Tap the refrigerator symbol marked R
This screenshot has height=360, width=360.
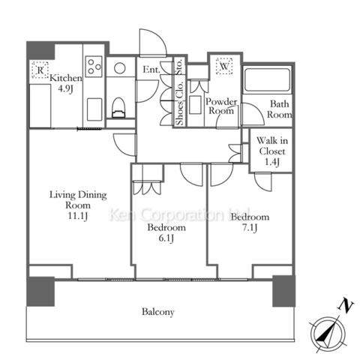click(40, 70)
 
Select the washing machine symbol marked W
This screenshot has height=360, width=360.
click(224, 66)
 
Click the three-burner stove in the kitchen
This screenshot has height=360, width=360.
click(94, 66)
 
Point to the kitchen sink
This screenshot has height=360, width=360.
click(94, 109)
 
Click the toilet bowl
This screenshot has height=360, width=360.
click(118, 107)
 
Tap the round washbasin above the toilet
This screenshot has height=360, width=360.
click(120, 67)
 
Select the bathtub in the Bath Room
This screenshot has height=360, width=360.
click(267, 80)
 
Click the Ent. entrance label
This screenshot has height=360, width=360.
click(151, 69)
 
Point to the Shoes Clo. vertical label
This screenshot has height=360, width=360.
click(179, 103)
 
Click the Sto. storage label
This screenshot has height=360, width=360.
click(179, 67)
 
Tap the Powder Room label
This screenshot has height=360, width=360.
click(221, 106)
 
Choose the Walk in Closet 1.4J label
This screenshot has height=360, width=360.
click(272, 151)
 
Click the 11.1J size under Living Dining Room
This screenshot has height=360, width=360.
click(78, 216)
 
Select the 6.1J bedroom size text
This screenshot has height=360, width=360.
click(166, 238)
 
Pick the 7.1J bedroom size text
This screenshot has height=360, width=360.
click(250, 227)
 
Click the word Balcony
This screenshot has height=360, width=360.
click(158, 312)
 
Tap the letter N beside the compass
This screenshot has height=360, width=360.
click(345, 305)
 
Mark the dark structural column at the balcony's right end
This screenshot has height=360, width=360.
click(283, 291)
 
